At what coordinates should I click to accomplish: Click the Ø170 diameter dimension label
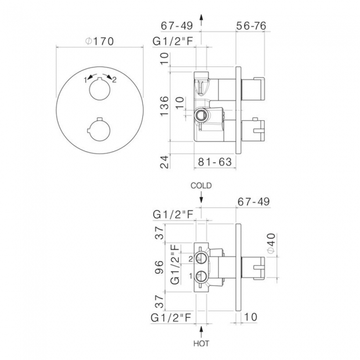(99, 42)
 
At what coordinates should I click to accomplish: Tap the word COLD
(201, 186)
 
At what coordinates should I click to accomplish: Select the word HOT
(201, 343)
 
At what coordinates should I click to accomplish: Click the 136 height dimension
(164, 106)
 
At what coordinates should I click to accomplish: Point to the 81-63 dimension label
(215, 162)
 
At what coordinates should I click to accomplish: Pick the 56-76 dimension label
(251, 25)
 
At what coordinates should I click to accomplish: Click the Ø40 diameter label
(271, 243)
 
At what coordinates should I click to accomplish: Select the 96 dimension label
(160, 268)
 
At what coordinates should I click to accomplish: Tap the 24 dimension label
(164, 162)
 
